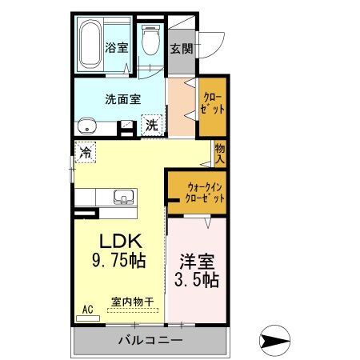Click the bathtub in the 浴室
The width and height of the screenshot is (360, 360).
[x=90, y=44]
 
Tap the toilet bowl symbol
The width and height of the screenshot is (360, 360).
[x=151, y=40]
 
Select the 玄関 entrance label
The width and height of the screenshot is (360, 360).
[x=182, y=49]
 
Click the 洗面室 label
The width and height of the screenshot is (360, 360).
[x=123, y=99]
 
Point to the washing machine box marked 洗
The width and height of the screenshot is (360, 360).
[x=152, y=125]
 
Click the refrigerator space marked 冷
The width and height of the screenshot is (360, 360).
[x=86, y=153]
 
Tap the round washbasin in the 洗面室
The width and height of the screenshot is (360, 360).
[x=87, y=126]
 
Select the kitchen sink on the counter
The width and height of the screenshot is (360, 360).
[x=123, y=197]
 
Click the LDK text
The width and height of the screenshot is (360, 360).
[x=120, y=242]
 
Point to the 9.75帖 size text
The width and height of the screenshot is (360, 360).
[x=119, y=260]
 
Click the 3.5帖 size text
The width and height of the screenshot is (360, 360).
[x=197, y=279]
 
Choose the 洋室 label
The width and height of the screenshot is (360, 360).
[x=197, y=262]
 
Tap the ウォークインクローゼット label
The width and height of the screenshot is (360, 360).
[x=205, y=193]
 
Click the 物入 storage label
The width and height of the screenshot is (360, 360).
[x=220, y=154]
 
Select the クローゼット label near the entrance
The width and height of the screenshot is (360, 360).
[x=213, y=103]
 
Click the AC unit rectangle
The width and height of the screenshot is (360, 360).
[x=88, y=318]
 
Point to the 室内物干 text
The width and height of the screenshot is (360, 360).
[x=133, y=302]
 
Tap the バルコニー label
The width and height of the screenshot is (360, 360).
[x=150, y=340]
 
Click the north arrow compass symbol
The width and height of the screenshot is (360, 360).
[x=274, y=340]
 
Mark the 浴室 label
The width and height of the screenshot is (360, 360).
[x=117, y=47]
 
